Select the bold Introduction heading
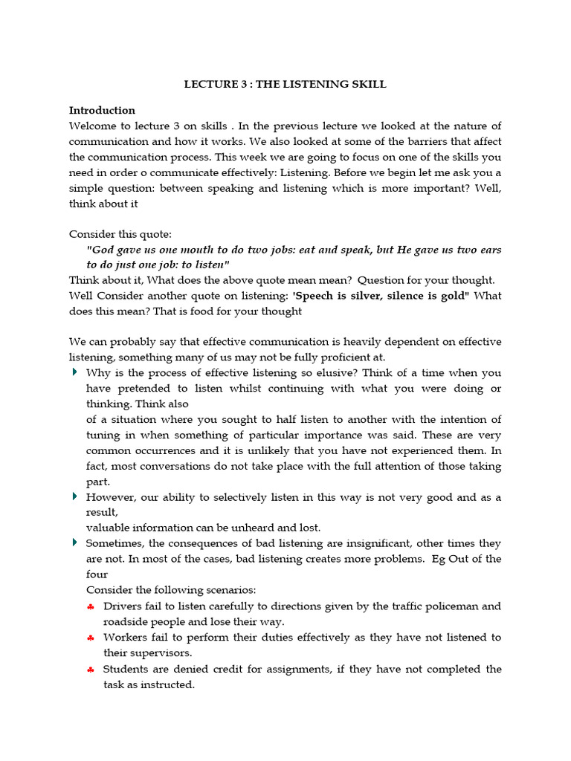coord(102,111)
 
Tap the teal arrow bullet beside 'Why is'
coord(74,372)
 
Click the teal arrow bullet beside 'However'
coord(74,496)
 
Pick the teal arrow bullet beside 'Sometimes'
coord(74,543)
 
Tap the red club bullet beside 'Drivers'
coord(90,606)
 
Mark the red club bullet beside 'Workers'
coord(90,638)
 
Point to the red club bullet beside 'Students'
coord(90,669)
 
